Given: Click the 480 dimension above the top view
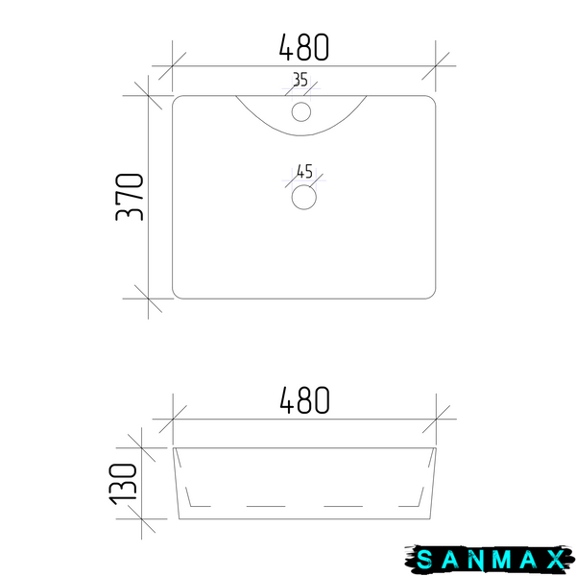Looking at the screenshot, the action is (x=303, y=47).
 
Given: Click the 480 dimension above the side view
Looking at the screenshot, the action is (x=304, y=400).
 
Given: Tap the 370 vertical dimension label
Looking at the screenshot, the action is (x=129, y=197).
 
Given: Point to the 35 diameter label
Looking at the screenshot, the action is (x=300, y=80).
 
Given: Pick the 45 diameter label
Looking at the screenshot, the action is (x=304, y=171).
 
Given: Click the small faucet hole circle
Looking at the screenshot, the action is (x=301, y=111).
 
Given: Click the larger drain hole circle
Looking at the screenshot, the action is (x=303, y=197).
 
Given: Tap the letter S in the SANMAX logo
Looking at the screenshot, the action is (x=425, y=560).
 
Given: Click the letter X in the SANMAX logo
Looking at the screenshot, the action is (x=556, y=560).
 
